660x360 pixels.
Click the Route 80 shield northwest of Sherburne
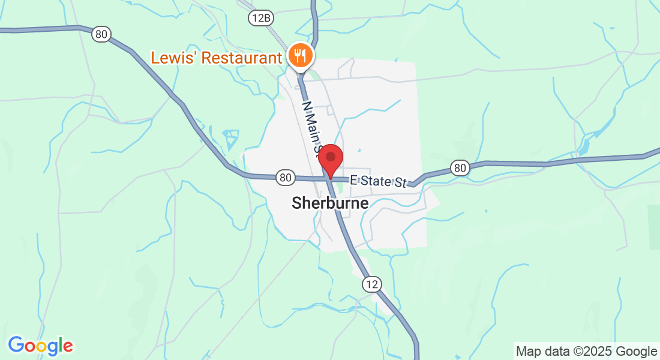coord(101,34)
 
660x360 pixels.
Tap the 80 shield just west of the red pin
coord(286,177)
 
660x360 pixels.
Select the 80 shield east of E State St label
coord(460,168)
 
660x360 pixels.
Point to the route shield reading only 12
coord(371,284)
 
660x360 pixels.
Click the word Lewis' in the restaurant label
coord(173,58)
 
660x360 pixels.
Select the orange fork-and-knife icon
coord(299,56)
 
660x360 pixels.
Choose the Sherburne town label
coord(330,203)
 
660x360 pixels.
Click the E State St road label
coord(378,181)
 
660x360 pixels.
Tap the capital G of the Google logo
coord(16,346)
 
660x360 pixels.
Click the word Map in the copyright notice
coord(528,351)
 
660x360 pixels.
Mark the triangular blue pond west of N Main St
coord(232,139)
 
